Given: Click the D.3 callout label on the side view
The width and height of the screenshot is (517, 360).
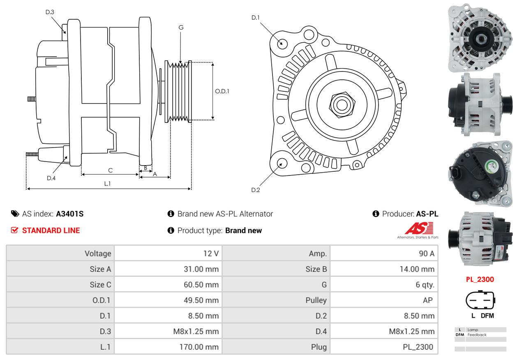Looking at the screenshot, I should pos(50,12).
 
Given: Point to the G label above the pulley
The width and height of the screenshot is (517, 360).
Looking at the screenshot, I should pos(181,28).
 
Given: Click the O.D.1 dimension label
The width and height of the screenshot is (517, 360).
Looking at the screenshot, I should pos(222,91).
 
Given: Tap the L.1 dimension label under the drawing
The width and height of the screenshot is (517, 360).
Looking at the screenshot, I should pos(107,184).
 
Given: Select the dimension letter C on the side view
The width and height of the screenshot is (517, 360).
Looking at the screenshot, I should pos(110,170).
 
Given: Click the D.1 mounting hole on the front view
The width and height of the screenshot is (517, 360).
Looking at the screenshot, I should pos(282,43).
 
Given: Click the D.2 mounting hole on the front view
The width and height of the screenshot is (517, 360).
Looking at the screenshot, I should pos(282,163).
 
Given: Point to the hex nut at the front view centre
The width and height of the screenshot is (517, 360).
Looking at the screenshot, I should pos(341,104).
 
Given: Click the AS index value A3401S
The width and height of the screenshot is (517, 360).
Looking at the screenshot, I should pos(69,214).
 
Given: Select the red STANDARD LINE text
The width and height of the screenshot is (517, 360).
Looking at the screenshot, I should pos(51,231).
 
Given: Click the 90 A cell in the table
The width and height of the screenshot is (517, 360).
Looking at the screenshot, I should pos(426,254).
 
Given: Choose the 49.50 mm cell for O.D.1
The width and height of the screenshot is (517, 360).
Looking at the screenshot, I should pos(201,300).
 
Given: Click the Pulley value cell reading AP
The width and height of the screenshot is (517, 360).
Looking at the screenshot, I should pos(427,300).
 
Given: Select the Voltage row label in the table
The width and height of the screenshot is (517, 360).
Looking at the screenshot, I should pos(98,254).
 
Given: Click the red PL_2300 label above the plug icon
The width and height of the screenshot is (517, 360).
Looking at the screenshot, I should pos(480,279).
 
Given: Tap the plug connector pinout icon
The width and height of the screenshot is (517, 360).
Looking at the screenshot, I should pos(480,300).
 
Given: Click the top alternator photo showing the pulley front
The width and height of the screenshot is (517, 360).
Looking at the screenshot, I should pos(480,38).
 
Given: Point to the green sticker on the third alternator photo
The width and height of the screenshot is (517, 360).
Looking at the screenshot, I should pos(492,167).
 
